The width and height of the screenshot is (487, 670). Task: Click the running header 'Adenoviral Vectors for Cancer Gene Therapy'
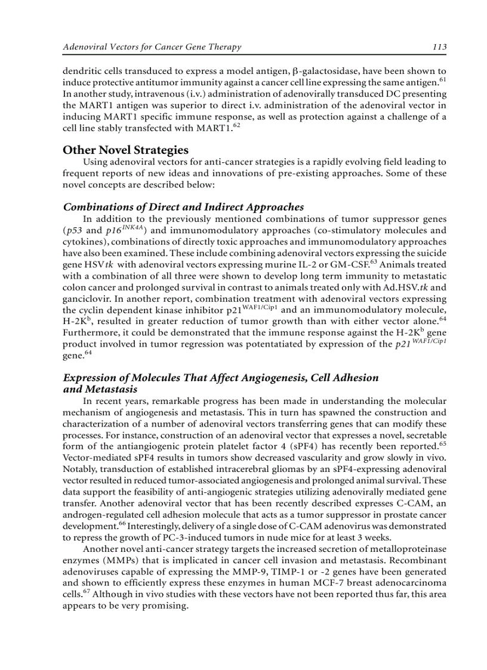(x=152, y=47)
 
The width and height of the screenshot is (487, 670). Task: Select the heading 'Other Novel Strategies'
(x=125, y=150)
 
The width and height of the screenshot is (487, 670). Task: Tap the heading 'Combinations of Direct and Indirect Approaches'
(x=183, y=207)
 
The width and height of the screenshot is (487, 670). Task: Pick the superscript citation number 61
(x=442, y=79)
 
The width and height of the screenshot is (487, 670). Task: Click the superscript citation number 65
(x=442, y=443)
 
